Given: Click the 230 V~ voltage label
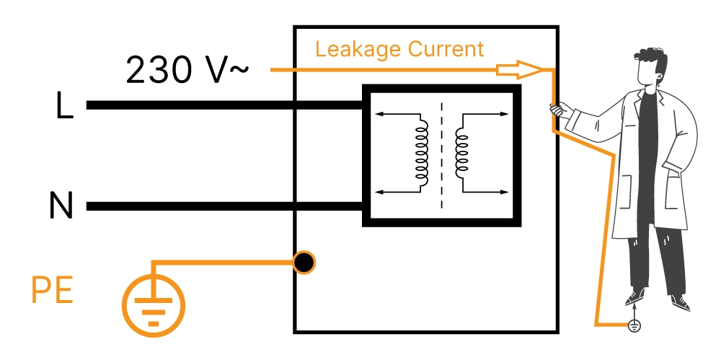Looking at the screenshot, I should [187, 70].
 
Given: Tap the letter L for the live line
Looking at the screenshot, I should [64, 107].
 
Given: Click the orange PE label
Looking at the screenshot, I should [52, 292].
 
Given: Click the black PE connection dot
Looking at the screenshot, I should [304, 263].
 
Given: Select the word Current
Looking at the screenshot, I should [446, 50].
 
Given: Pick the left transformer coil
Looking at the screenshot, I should [420, 151].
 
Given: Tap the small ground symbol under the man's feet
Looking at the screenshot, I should [634, 325].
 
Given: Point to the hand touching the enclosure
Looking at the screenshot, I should [557, 110].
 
